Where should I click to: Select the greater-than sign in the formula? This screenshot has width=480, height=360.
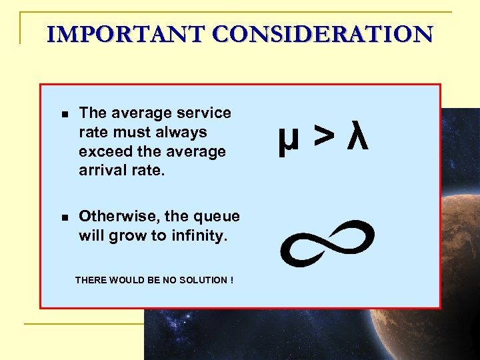pyautogui.click(x=325, y=137)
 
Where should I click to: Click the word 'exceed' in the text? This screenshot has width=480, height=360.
pyautogui.click(x=101, y=151)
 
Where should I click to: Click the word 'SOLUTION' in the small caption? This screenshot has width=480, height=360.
pyautogui.click(x=200, y=280)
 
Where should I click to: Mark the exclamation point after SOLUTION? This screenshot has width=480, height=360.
pyautogui.click(x=231, y=280)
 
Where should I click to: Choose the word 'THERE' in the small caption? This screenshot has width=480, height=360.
pyautogui.click(x=89, y=280)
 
